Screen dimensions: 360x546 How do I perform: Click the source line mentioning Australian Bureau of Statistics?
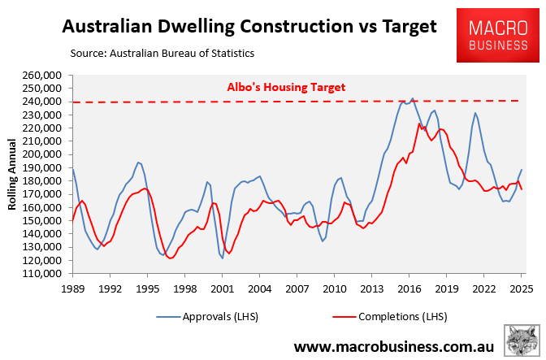(162, 54)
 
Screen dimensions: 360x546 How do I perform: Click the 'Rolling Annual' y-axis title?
(13, 174)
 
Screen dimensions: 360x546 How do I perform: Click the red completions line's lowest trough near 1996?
(170, 258)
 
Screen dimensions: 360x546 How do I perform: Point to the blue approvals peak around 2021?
(475, 113)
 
